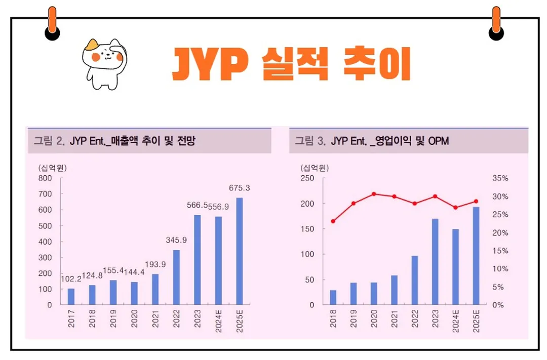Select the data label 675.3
[x=240, y=188]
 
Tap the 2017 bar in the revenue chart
[x=71, y=297]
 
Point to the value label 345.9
[x=176, y=240]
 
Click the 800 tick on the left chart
[x=45, y=178]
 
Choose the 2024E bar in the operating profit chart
[x=455, y=267]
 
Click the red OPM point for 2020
[x=374, y=194]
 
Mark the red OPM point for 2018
[x=333, y=221]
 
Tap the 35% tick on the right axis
[x=499, y=178]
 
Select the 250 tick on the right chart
[x=307, y=178]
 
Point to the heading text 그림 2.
[x=49, y=141]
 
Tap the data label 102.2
[x=71, y=279]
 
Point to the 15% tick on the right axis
[x=499, y=251]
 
